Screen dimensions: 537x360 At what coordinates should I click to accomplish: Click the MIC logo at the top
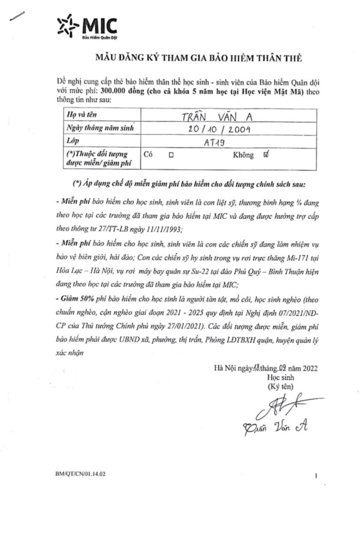pyautogui.click(x=87, y=26)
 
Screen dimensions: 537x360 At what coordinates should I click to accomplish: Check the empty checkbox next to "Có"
pyautogui.click(x=171, y=156)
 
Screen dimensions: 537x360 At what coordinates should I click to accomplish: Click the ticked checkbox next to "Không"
pyautogui.click(x=267, y=155)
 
